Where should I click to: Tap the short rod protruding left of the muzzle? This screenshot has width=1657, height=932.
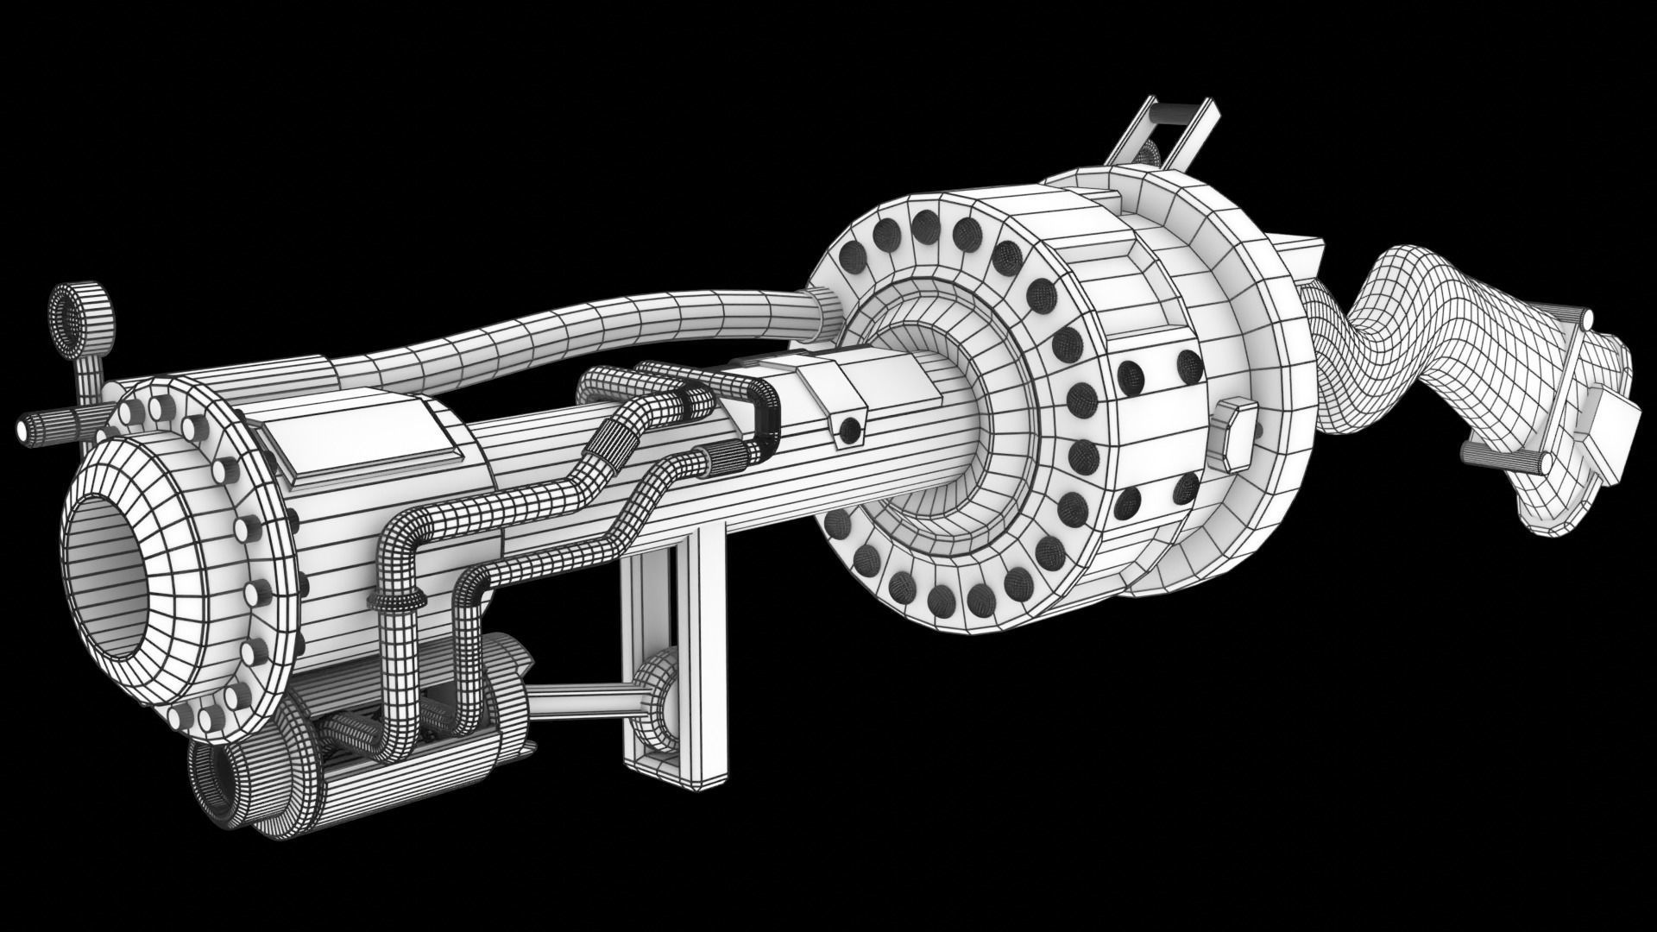tap(43, 425)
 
